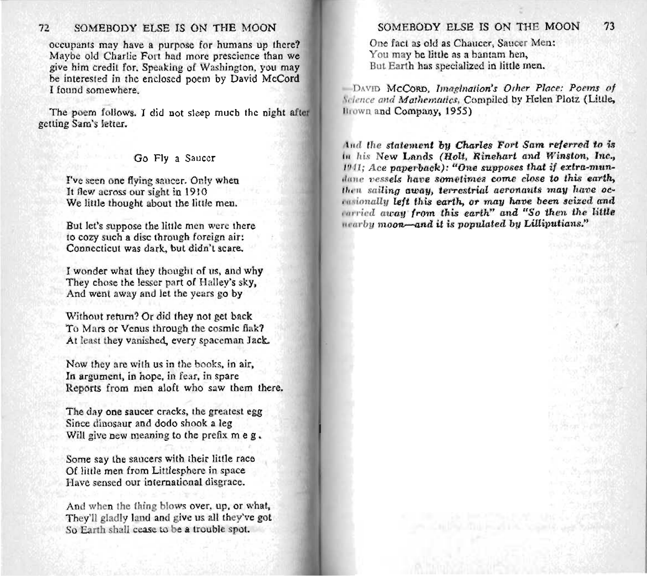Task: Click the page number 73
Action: tap(609, 27)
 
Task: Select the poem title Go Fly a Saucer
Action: tap(174, 158)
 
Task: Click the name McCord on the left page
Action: tap(281, 78)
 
